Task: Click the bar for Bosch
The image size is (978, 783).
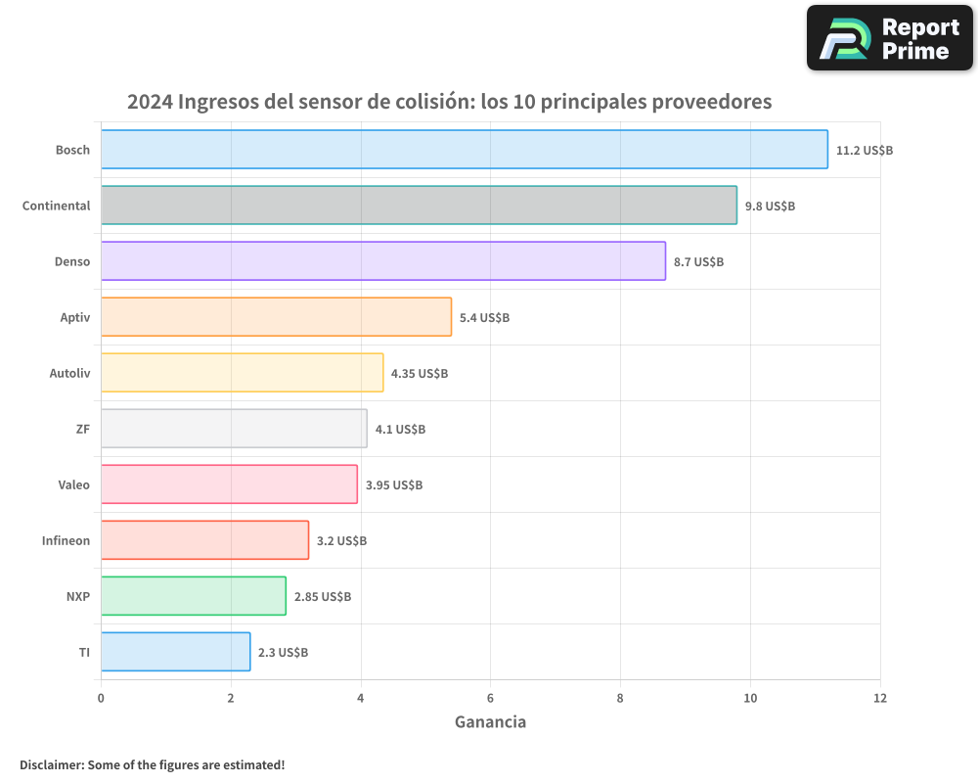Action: pyautogui.click(x=464, y=150)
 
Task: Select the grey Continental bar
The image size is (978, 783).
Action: pyautogui.click(x=419, y=206)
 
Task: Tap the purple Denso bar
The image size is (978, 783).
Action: pyautogui.click(x=382, y=261)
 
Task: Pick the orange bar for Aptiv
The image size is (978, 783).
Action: pyautogui.click(x=276, y=317)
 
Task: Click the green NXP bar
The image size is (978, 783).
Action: pyautogui.click(x=193, y=596)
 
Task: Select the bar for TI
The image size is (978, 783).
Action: pyautogui.click(x=175, y=652)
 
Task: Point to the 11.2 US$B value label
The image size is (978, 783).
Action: pyautogui.click(x=864, y=151)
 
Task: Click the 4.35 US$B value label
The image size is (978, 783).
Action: pyautogui.click(x=420, y=374)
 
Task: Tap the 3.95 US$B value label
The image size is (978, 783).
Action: pyautogui.click(x=394, y=485)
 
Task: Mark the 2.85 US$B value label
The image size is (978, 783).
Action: pyautogui.click(x=323, y=597)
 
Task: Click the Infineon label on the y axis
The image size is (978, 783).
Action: pyautogui.click(x=66, y=540)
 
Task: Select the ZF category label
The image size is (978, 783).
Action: pyautogui.click(x=82, y=429)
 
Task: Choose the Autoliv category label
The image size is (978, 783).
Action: pyautogui.click(x=69, y=373)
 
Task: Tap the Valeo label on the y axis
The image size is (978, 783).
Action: pyautogui.click(x=73, y=484)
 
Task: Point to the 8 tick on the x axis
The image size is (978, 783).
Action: pyautogui.click(x=620, y=698)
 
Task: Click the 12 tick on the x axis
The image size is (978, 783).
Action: pyautogui.click(x=880, y=698)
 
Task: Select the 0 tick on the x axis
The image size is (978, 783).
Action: pyautogui.click(x=101, y=698)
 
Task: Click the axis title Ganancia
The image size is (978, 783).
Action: pyautogui.click(x=490, y=722)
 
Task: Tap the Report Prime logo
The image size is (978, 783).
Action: pyautogui.click(x=889, y=38)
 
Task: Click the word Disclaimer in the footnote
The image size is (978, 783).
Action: pyautogui.click(x=51, y=764)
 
